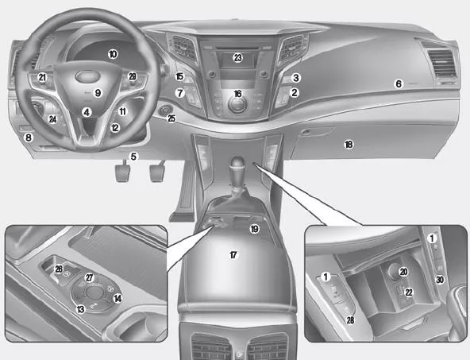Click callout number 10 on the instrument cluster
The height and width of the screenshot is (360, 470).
(x=113, y=54)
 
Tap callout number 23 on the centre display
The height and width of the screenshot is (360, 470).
(x=238, y=57)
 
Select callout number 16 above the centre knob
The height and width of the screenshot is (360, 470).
(x=237, y=94)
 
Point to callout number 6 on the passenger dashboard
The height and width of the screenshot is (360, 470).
(x=399, y=83)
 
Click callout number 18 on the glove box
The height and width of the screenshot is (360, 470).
(x=349, y=145)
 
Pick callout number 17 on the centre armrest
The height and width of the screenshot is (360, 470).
(x=233, y=255)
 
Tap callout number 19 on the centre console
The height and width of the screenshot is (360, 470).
(x=255, y=229)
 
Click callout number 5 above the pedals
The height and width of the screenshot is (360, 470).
(x=133, y=157)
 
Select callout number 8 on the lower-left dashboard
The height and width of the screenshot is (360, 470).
(x=29, y=137)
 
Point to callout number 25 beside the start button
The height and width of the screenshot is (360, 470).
(x=171, y=118)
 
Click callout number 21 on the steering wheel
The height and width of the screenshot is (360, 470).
(x=42, y=77)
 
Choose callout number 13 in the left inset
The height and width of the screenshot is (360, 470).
(x=81, y=309)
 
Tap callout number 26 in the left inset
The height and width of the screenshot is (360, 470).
(x=59, y=269)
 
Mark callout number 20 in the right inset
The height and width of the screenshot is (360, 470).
(x=404, y=272)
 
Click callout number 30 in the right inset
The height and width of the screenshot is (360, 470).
(x=440, y=280)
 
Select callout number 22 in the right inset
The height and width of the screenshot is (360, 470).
(x=409, y=292)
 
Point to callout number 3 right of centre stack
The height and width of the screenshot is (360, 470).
(x=296, y=78)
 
